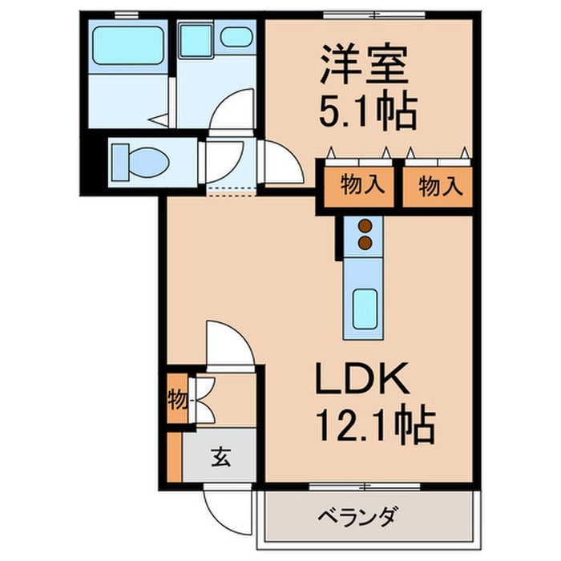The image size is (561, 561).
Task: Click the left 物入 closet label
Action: (360, 186)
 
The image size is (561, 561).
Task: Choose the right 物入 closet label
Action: (440, 186)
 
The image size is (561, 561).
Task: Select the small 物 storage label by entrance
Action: (176, 398)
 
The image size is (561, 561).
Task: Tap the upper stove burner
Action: (365, 226)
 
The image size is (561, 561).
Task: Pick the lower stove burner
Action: (365, 241)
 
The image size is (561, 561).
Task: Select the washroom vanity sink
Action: (234, 38)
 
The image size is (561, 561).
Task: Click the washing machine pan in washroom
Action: (196, 40)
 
